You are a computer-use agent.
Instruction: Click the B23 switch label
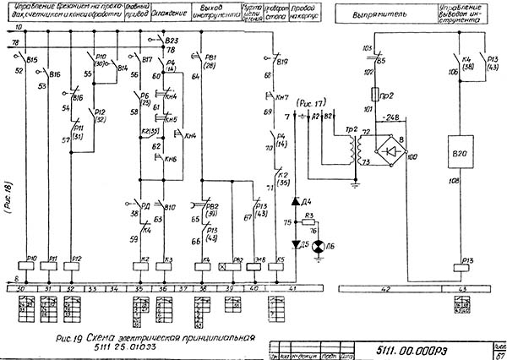[x=172, y=41]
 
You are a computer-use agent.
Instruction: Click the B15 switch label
[x=32, y=61]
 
